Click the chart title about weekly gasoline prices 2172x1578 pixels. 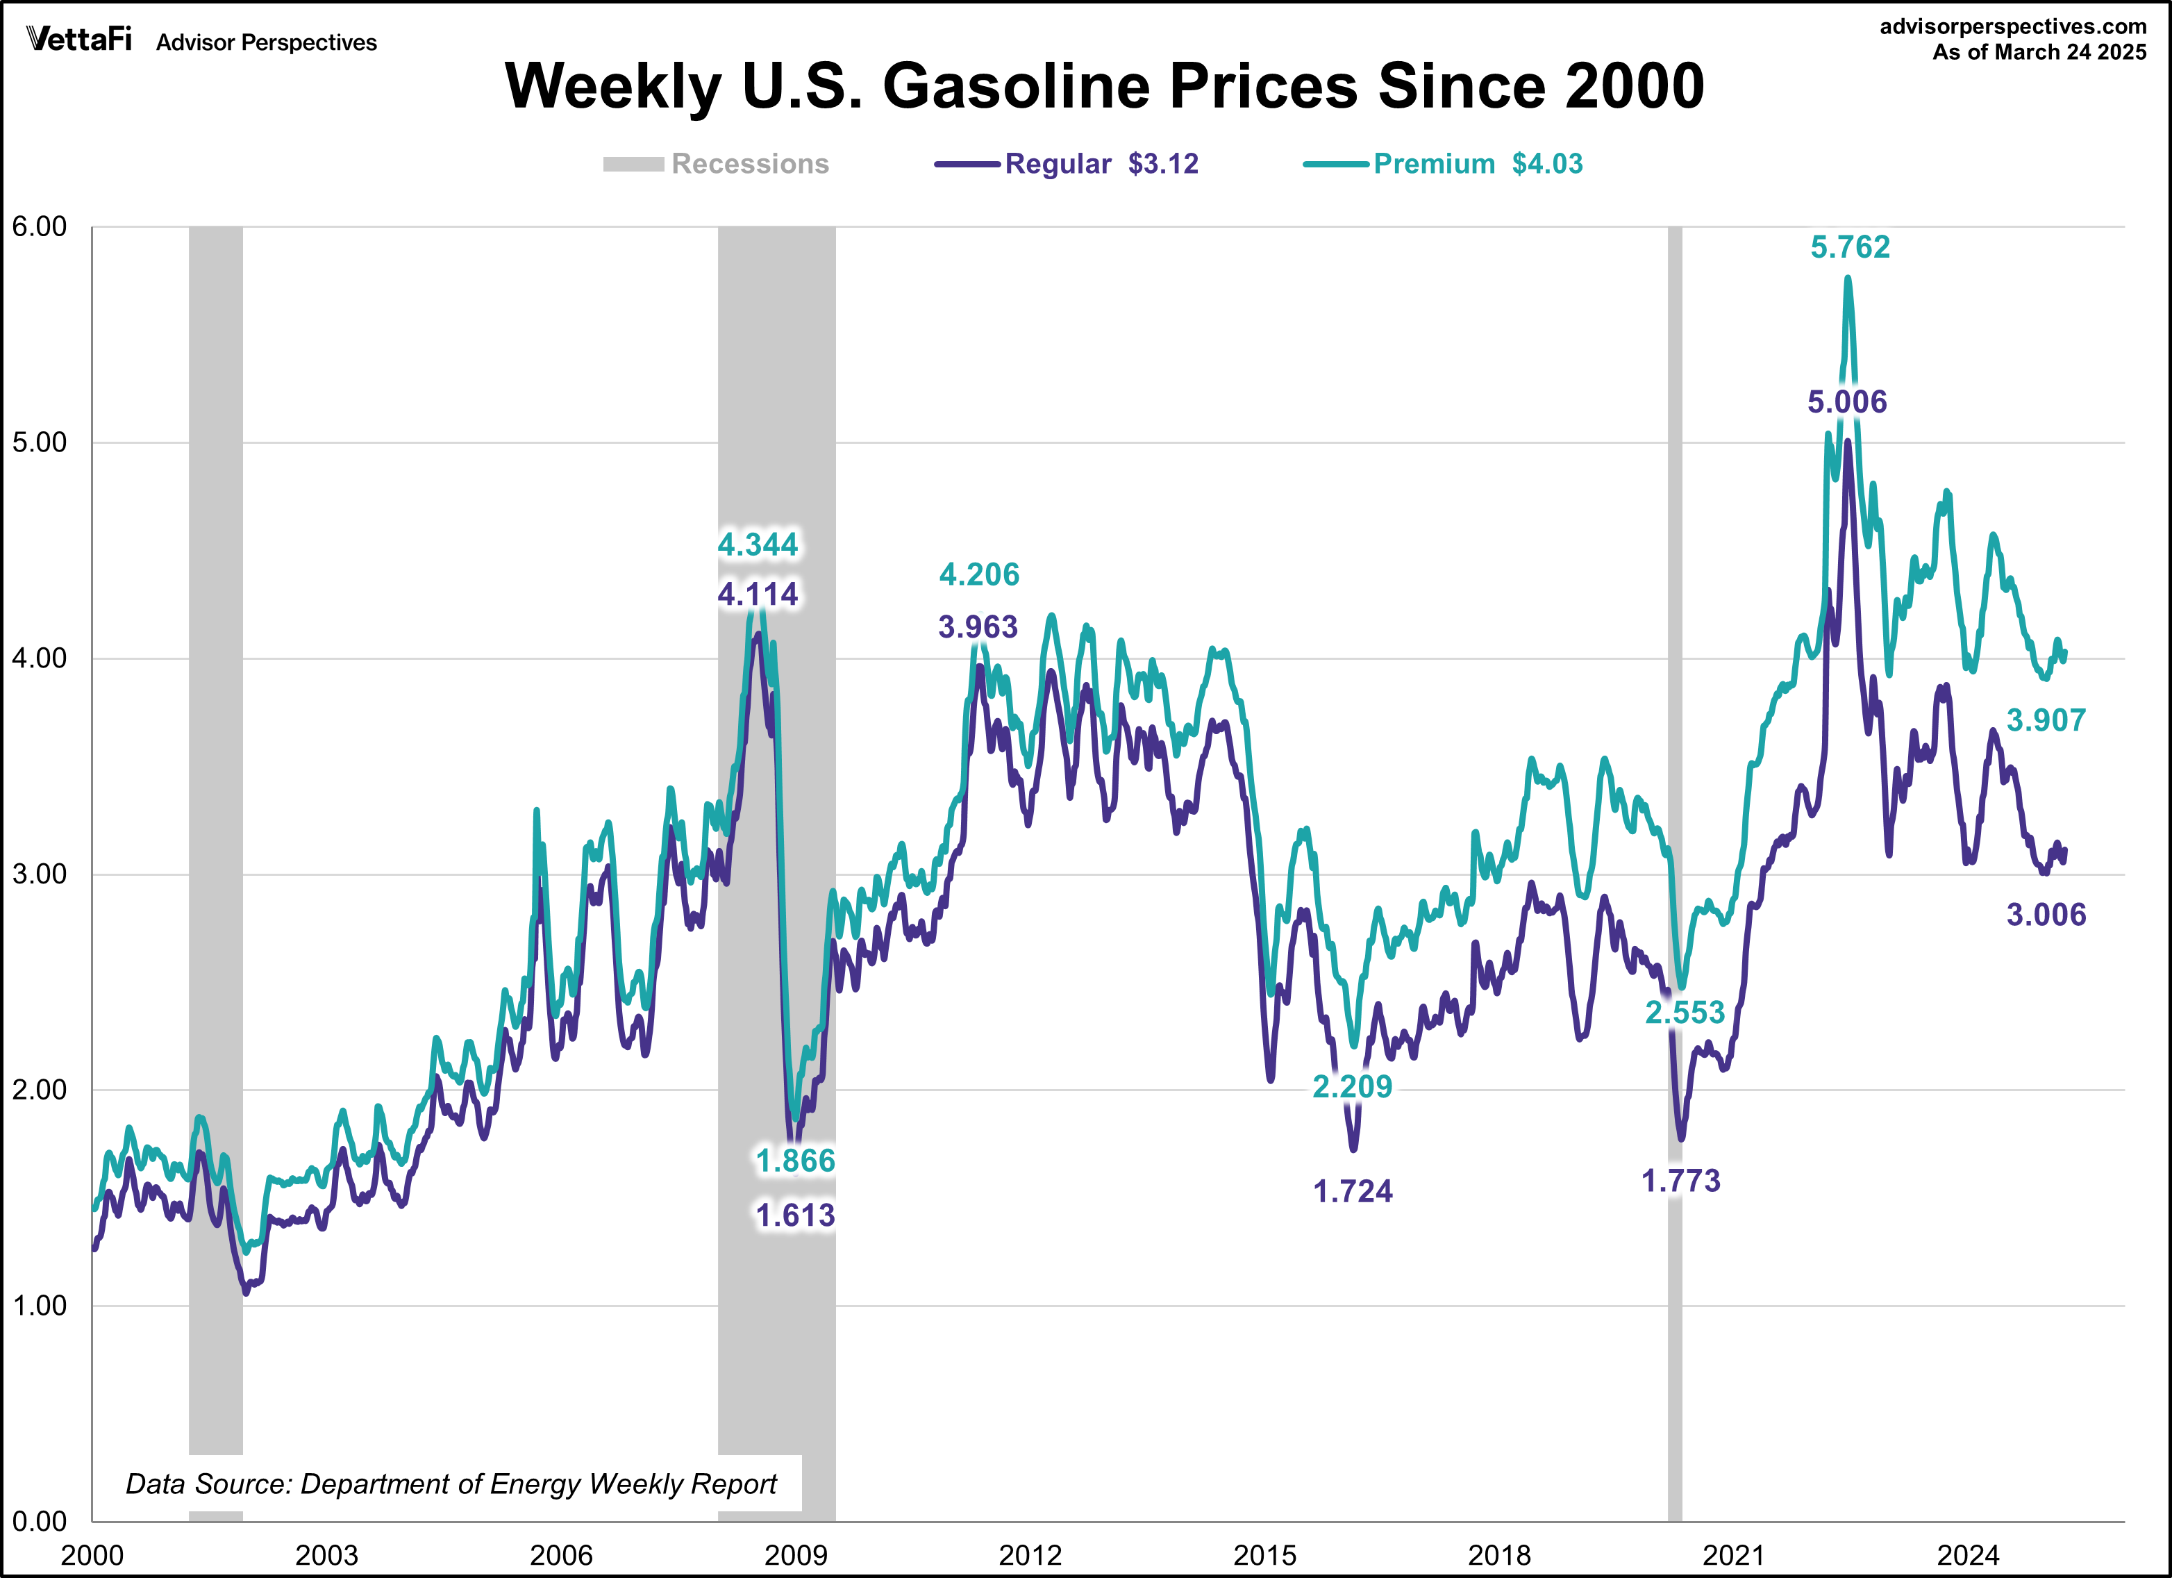[1104, 86]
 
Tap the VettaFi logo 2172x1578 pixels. [78, 40]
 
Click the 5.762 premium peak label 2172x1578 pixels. [1849, 247]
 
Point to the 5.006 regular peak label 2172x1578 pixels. [1846, 401]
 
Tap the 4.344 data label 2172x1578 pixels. [758, 545]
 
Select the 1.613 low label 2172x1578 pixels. [795, 1215]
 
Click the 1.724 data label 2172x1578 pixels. [1352, 1191]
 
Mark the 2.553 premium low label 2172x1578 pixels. [1685, 1012]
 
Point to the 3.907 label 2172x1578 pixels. [2046, 720]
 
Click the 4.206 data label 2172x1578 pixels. [979, 574]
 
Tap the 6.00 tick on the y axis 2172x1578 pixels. [40, 227]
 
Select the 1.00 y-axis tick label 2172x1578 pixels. [40, 1305]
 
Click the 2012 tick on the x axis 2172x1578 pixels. [1030, 1554]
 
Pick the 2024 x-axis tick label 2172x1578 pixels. [1968, 1554]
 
